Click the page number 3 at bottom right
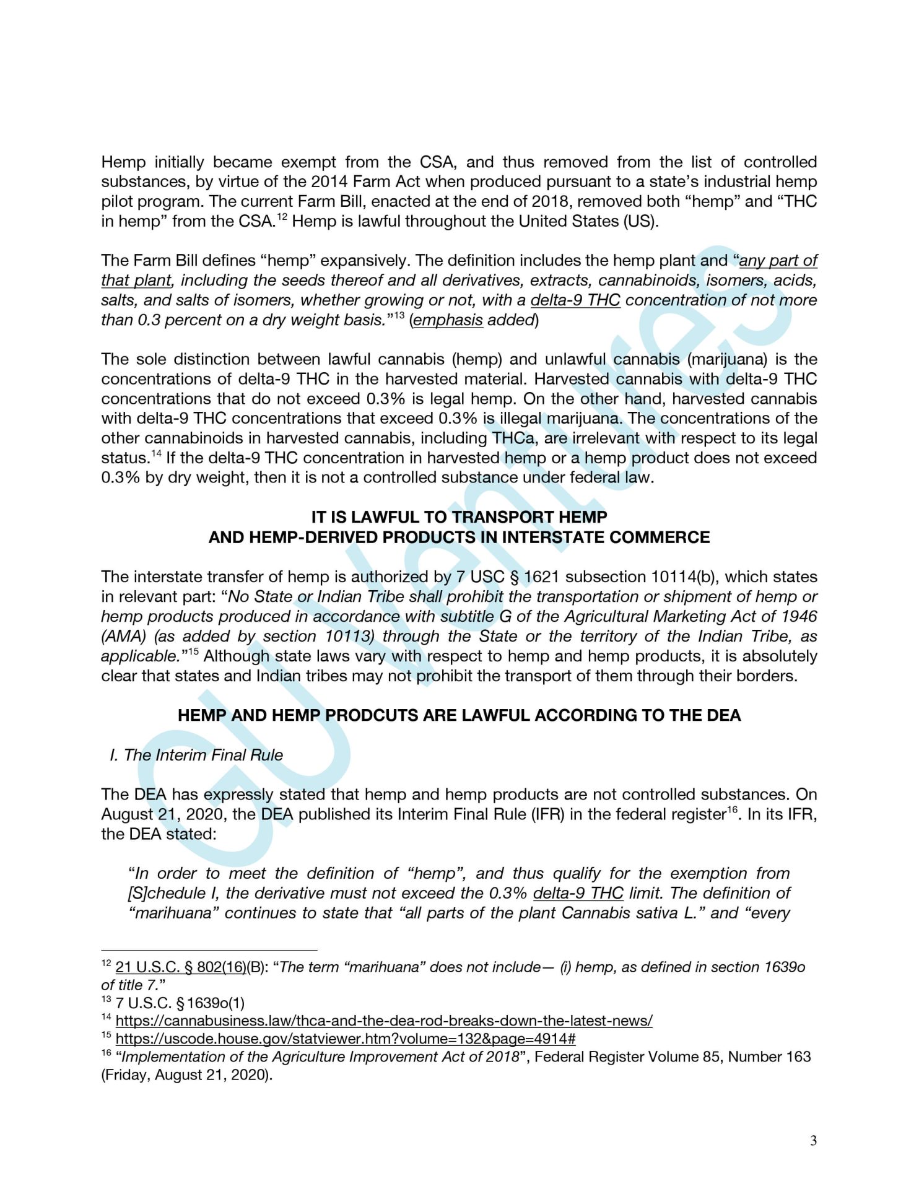813,1141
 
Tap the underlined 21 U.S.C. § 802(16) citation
181,967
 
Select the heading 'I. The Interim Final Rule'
196,755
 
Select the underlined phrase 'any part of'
778,261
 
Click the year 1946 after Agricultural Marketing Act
798,617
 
